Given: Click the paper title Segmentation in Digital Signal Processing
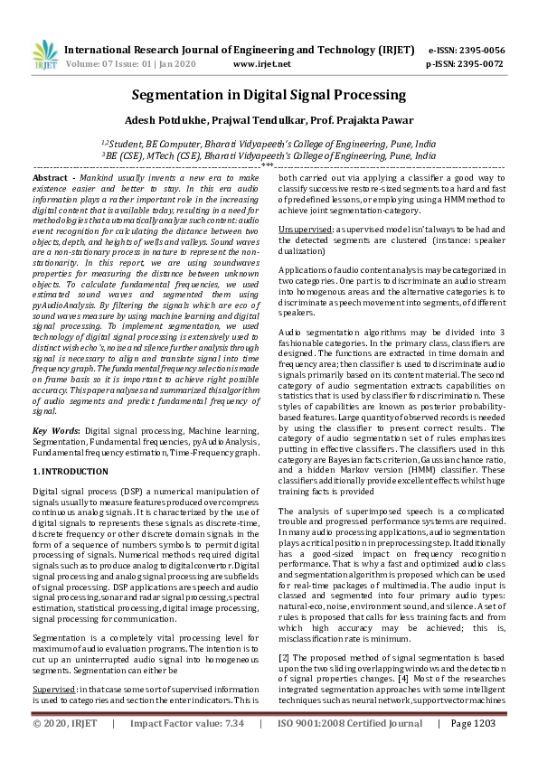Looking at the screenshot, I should [269, 94].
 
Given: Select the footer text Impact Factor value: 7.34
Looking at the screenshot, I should [186, 749].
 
